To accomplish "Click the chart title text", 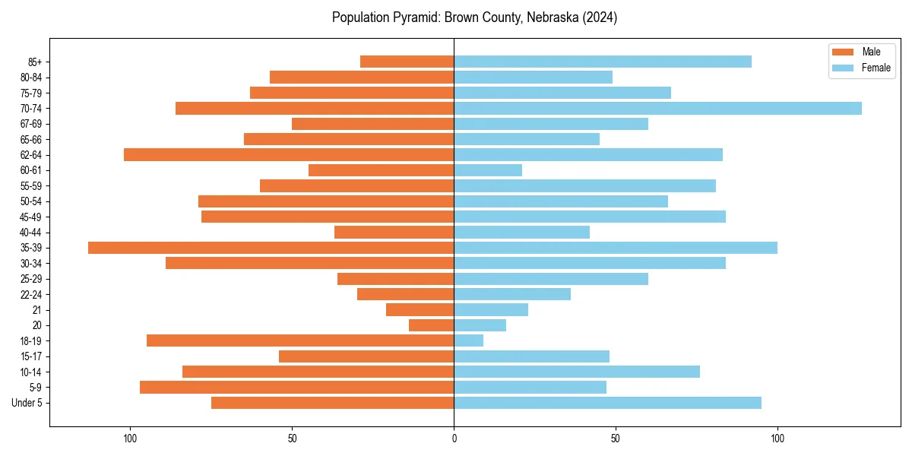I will tap(474, 17).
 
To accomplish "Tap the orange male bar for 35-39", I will tap(271, 248).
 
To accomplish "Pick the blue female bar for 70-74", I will tap(657, 109).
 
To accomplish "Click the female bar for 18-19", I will tap(468, 340).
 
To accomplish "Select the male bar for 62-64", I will tap(289, 155).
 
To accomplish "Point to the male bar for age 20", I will tap(431, 325).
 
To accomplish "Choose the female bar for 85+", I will tap(603, 62).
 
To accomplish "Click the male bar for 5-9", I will tap(296, 388).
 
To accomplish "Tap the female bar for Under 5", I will tap(607, 403).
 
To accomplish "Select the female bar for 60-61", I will tap(488, 170).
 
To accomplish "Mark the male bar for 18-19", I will tap(300, 340).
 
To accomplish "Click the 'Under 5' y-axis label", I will tap(27, 403).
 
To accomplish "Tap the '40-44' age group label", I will tap(30, 233).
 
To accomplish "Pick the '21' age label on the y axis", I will tap(37, 310).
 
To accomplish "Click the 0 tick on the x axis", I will tap(454, 439).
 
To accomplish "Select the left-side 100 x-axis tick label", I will tap(130, 439).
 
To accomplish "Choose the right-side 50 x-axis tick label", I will tap(616, 439).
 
